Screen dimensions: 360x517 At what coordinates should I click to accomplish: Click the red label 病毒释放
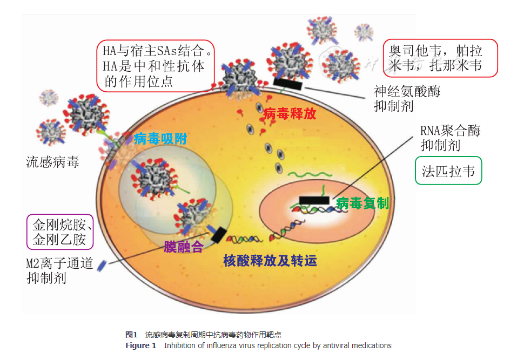pyautogui.click(x=290, y=114)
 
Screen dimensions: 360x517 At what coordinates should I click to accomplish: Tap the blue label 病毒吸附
pyautogui.click(x=160, y=139)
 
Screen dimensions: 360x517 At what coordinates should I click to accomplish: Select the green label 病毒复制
pyautogui.click(x=362, y=203)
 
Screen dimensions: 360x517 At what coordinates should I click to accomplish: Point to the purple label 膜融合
pyautogui.click(x=184, y=247)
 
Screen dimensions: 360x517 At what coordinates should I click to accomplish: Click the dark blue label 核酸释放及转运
pyautogui.click(x=270, y=261)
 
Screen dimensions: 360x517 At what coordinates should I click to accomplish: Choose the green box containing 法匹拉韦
pyautogui.click(x=448, y=171)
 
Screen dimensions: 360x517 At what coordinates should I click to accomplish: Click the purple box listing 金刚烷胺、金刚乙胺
pyautogui.click(x=59, y=232)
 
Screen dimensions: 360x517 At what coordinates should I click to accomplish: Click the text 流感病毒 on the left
pyautogui.click(x=52, y=161)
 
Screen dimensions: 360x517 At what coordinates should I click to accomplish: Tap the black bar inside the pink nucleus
pyautogui.click(x=314, y=200)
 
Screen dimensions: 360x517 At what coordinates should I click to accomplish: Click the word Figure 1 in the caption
pyautogui.click(x=140, y=345)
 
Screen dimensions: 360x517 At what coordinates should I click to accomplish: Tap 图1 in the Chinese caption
pyautogui.click(x=132, y=335)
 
